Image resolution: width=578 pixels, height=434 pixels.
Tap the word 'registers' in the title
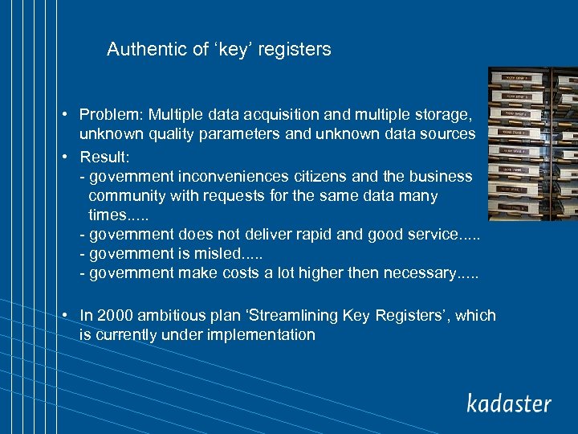coord(294,50)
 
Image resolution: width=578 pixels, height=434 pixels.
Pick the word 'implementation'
coord(261,334)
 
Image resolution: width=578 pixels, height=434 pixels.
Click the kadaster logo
coord(509,403)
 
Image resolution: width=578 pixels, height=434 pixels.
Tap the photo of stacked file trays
coord(532,143)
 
